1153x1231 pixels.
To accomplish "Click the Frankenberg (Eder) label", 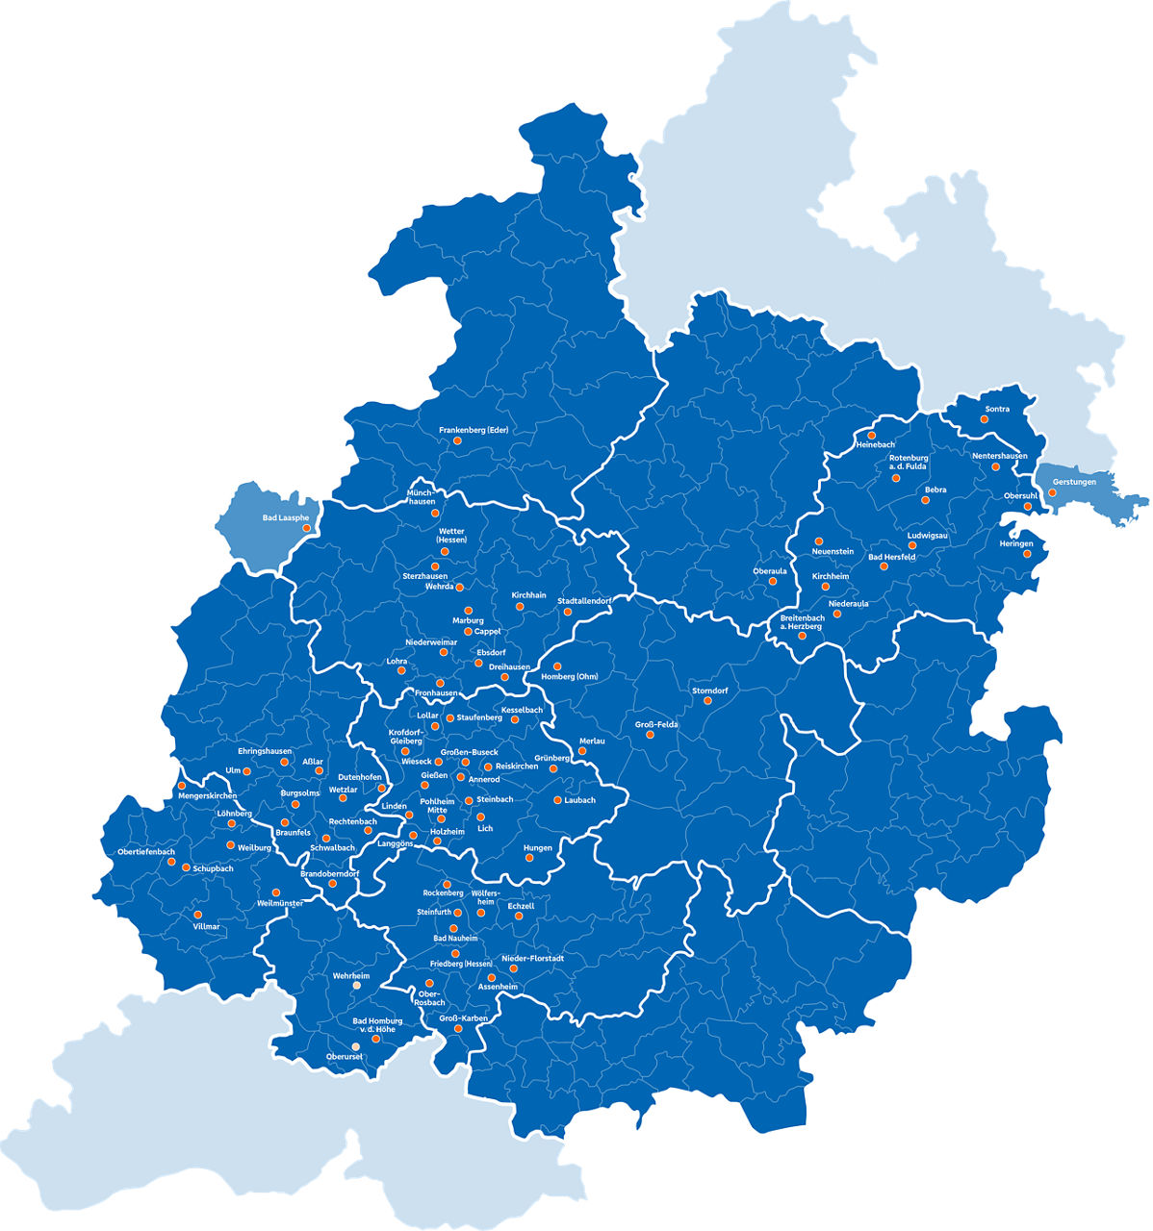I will pyautogui.click(x=473, y=430).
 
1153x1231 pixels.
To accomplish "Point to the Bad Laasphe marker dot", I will pyautogui.click(x=307, y=529).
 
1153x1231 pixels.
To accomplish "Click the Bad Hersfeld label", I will pyautogui.click(x=891, y=557).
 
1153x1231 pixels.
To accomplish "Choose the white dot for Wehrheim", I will pyautogui.click(x=355, y=986).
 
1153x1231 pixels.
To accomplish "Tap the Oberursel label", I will pyautogui.click(x=344, y=1057).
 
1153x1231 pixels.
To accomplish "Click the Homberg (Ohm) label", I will pyautogui.click(x=570, y=676).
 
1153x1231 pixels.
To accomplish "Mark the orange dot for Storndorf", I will pyautogui.click(x=707, y=701).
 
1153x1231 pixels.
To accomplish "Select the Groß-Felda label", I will pyautogui.click(x=656, y=723).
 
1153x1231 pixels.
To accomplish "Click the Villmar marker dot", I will pyautogui.click(x=197, y=915).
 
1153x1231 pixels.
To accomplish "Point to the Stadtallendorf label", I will pyautogui.click(x=584, y=601).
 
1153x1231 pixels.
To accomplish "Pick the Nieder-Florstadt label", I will pyautogui.click(x=532, y=959).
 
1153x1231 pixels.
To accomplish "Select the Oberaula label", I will pyautogui.click(x=769, y=570).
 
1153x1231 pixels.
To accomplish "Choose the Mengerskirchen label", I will pyautogui.click(x=207, y=796).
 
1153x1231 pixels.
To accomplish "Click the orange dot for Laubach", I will pyautogui.click(x=557, y=800).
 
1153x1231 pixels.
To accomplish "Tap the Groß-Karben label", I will pyautogui.click(x=463, y=1017).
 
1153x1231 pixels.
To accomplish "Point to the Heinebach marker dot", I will pyautogui.click(x=872, y=436).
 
